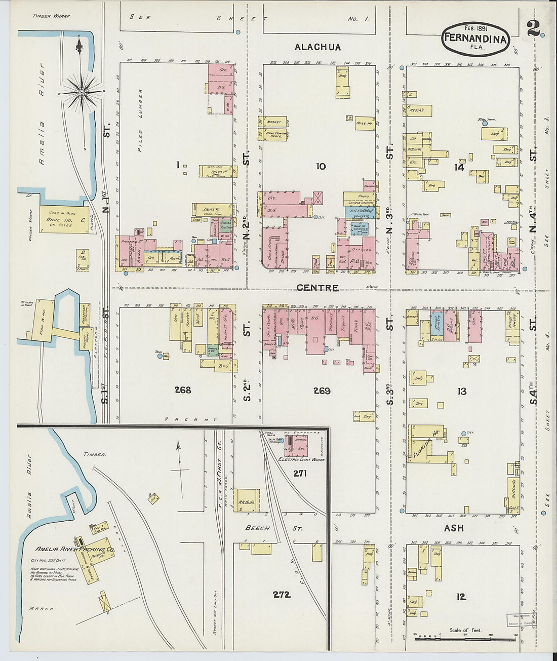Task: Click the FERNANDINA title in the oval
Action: [x=475, y=38]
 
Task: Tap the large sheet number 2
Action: [x=533, y=28]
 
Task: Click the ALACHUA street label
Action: [x=317, y=47]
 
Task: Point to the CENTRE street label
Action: [x=317, y=288]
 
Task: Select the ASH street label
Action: [x=454, y=528]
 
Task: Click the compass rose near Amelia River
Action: [x=81, y=93]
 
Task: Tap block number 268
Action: [x=182, y=390]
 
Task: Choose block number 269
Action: [x=322, y=391]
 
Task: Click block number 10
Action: [x=321, y=166]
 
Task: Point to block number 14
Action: [x=459, y=167]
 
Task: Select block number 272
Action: [x=282, y=595]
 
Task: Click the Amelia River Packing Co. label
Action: [x=75, y=549]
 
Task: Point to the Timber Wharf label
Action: [x=51, y=16]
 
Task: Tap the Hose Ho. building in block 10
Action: [x=364, y=123]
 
